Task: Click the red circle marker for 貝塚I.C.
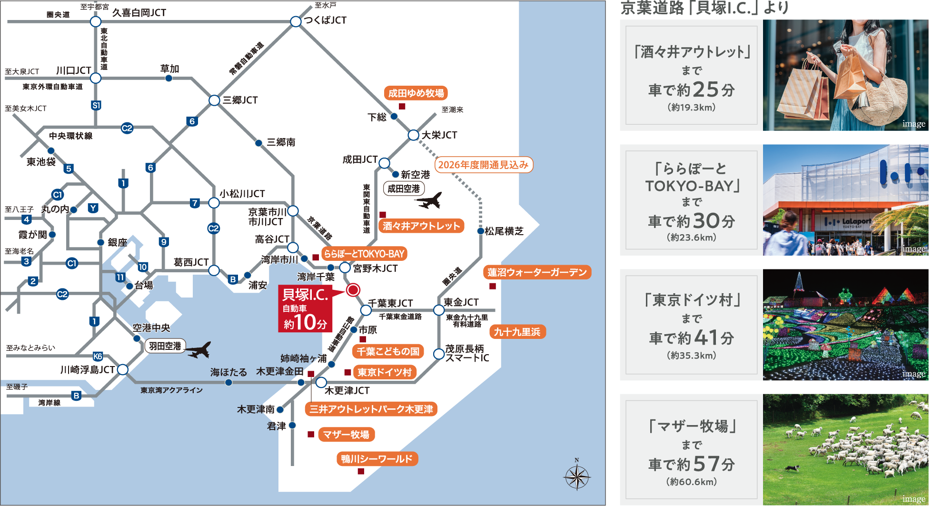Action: pos(353,290)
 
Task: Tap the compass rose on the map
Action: pos(577,476)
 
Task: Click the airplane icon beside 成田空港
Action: pos(429,201)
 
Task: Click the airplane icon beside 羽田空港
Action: pos(198,350)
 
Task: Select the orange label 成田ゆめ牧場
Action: pos(416,93)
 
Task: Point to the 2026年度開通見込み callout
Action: pos(483,165)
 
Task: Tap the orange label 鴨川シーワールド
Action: pos(377,459)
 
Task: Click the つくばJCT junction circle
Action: pos(296,21)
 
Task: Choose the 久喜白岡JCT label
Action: pos(139,13)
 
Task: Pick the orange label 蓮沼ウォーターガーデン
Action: pos(537,272)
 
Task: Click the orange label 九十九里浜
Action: pos(517,332)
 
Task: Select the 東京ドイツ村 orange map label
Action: pos(384,372)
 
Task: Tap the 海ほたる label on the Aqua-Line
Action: pos(228,372)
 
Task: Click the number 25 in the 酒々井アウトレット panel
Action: pos(705,89)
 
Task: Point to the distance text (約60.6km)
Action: pos(692,482)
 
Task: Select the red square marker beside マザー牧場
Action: pos(311,434)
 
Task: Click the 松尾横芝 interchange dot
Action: pos(481,231)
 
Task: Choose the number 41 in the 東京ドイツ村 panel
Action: pos(706,338)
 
